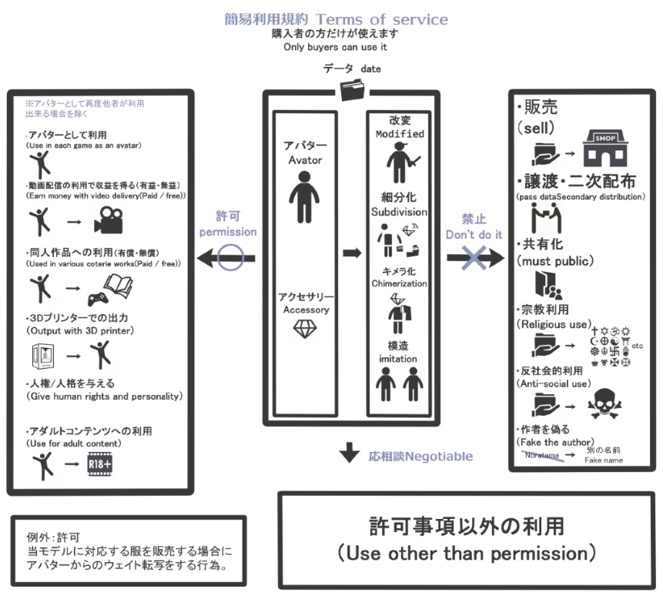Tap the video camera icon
coord(107,223)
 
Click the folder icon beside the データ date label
coord(353,90)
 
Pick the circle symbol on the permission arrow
coord(231,259)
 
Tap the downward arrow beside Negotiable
coord(350,454)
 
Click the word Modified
coord(400,134)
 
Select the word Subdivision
coord(400,211)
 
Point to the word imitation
coord(400,359)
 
